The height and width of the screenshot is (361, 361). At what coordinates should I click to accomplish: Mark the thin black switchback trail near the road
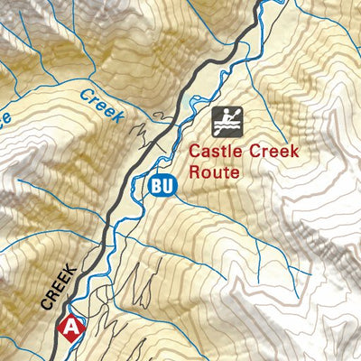pos(144,131)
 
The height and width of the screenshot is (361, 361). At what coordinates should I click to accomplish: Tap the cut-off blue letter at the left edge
pos(4,117)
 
